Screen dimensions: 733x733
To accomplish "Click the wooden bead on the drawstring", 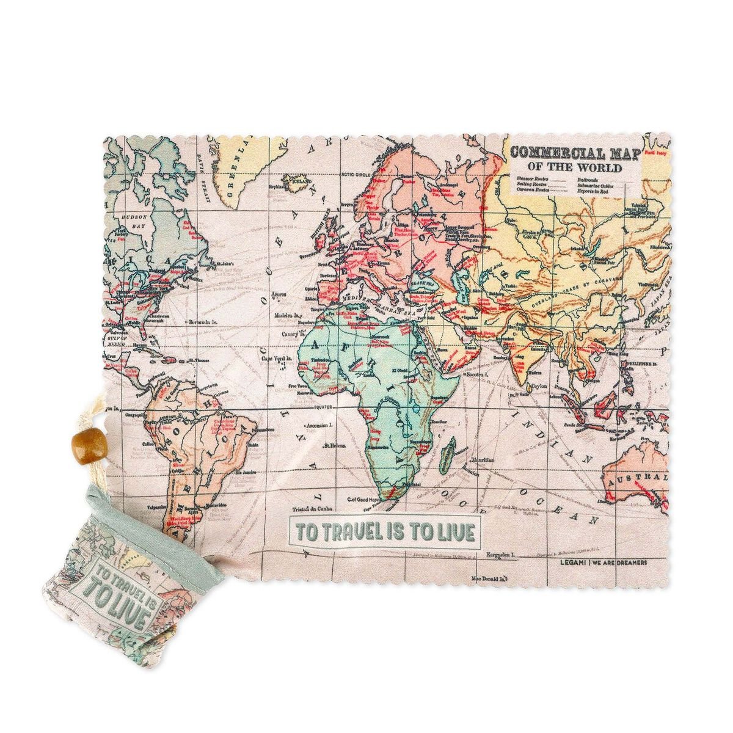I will (81, 441).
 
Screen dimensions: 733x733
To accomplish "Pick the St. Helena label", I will (336, 445).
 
